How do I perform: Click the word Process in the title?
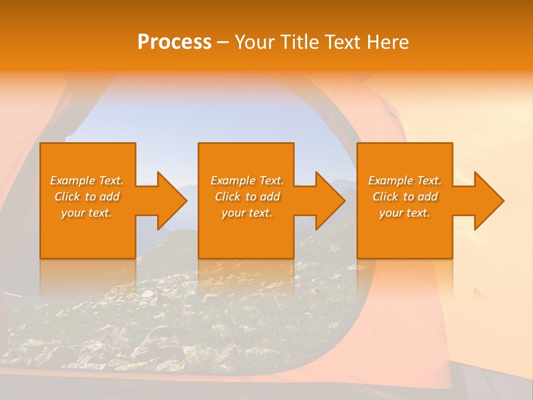click(174, 42)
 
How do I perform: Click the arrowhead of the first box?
click(170, 201)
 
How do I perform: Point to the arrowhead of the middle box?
click(328, 201)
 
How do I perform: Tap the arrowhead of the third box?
click(487, 201)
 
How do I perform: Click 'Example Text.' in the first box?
click(87, 181)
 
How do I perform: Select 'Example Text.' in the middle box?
click(247, 181)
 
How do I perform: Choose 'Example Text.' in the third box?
click(405, 181)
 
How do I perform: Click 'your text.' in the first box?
click(87, 213)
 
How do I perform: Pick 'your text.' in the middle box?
click(247, 213)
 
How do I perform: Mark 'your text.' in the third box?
click(405, 213)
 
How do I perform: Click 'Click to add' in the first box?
click(87, 197)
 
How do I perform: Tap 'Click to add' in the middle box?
click(247, 197)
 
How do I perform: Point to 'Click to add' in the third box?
click(405, 197)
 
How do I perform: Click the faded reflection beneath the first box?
click(88, 275)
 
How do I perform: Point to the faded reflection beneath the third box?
click(405, 275)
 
